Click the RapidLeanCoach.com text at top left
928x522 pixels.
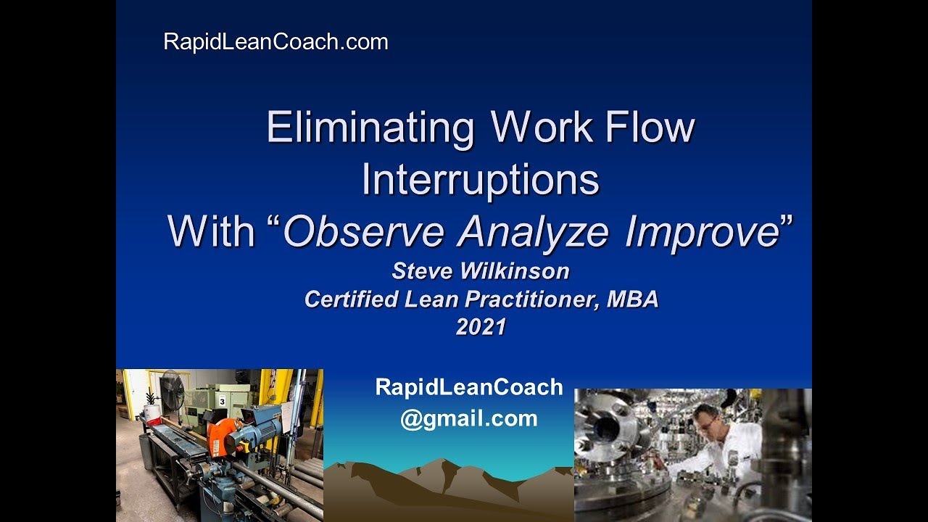pos(275,42)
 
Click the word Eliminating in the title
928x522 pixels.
pos(370,128)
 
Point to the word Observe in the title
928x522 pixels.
pos(362,232)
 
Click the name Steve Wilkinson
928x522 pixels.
pos(480,271)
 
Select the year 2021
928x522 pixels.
pos(480,327)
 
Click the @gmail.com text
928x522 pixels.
pos(468,418)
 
